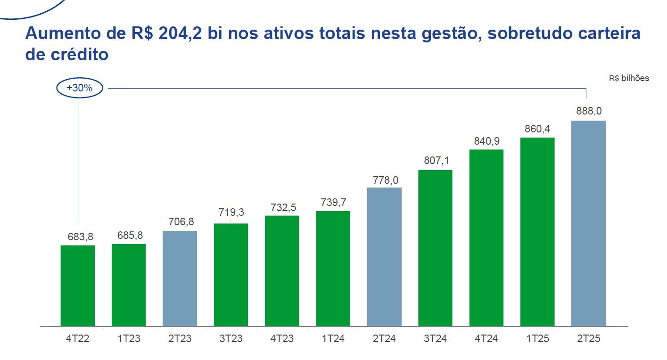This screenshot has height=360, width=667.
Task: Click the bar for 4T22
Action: tap(78, 286)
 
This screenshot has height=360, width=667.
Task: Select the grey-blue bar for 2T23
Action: tap(180, 278)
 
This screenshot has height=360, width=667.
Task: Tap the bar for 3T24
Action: tap(435, 248)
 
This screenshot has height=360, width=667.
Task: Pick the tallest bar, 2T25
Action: tap(588, 223)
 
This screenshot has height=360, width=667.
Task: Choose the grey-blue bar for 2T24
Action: tap(384, 257)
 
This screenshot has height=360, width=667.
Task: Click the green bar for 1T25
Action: tap(537, 232)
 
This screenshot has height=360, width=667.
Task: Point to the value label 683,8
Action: tap(78, 237)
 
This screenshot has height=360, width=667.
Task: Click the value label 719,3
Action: tap(231, 213)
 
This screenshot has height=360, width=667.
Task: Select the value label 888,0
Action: tap(589, 112)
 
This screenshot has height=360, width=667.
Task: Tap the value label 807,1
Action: tap(435, 161)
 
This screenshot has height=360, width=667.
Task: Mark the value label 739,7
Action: tap(333, 202)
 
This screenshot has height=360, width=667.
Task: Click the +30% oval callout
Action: tap(79, 88)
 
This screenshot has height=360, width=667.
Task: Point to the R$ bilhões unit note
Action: tap(629, 78)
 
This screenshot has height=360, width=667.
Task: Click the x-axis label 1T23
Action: tap(129, 338)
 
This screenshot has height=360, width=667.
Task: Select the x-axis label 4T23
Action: tap(282, 338)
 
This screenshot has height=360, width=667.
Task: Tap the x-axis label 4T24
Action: tap(486, 338)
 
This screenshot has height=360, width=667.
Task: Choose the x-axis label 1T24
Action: tap(333, 338)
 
